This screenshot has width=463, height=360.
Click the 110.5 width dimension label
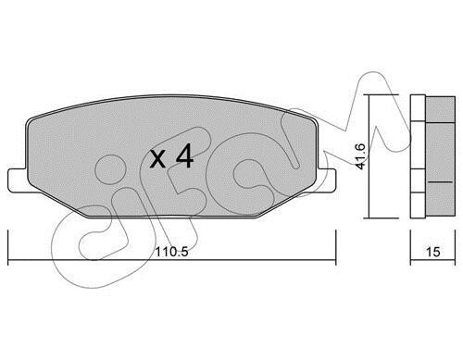pos(171,252)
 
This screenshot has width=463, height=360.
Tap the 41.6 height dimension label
pos(360,156)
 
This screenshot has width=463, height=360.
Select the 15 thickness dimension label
pos(432,252)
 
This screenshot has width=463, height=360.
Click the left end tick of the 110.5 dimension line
pos(7,247)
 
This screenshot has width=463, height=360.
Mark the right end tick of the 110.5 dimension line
pos(335,247)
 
